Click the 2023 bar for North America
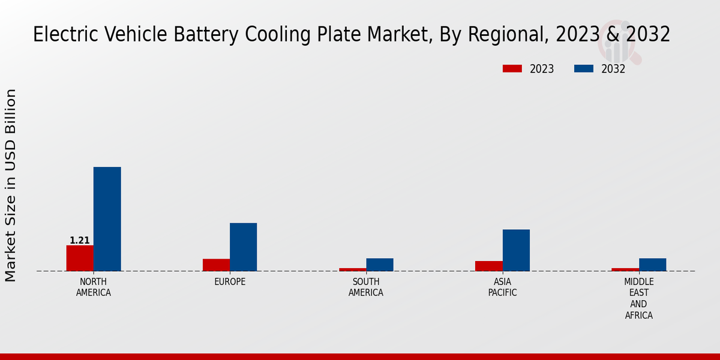pos(80,258)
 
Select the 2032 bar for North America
pos(107,219)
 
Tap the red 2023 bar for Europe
pos(216,265)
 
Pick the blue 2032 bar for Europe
pos(243,247)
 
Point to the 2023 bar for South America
pos(352,269)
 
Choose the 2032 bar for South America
pos(380,265)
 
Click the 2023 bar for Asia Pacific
pos(489,266)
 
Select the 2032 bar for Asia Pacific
pos(516,250)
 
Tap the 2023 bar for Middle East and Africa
pos(625,269)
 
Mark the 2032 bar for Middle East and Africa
pos(652,265)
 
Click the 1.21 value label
pos(80,241)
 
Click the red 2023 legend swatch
pos(512,69)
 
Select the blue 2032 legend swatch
pos(583,69)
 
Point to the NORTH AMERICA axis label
pos(94,287)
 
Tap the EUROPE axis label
pos(230,282)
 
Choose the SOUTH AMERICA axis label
pos(366,287)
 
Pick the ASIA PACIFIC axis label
pos(503,287)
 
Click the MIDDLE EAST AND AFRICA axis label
pos(639,298)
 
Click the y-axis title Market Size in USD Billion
pos(11,185)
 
